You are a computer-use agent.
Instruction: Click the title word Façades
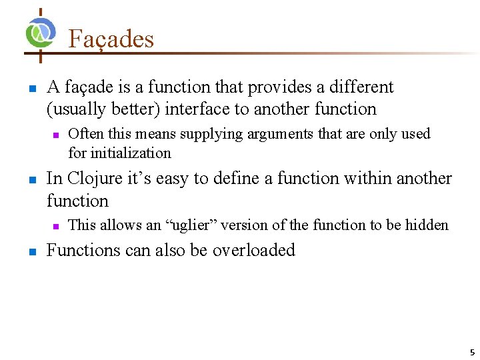111,39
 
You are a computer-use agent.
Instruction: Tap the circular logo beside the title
41,33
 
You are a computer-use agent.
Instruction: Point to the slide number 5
471,352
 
